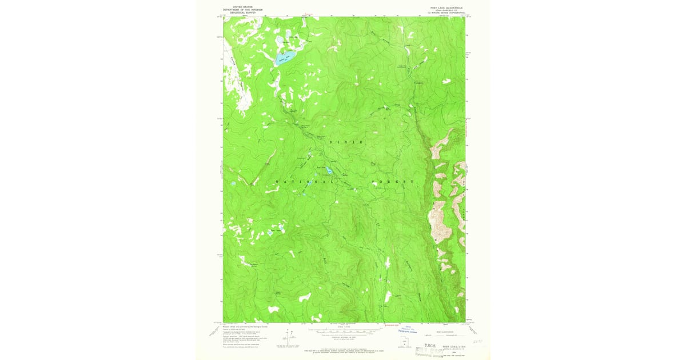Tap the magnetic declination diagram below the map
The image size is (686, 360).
286,337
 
